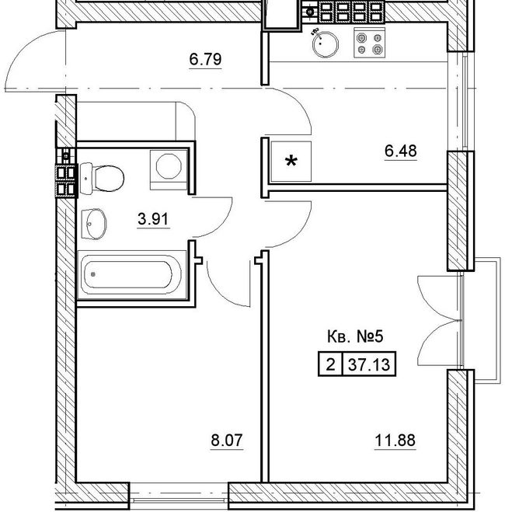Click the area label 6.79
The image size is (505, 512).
205,59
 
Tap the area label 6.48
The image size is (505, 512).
401,151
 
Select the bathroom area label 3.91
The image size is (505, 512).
153,219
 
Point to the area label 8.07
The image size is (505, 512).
227,441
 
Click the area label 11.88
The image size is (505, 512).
395,441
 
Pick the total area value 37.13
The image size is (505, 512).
369,364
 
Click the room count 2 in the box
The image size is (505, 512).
330,364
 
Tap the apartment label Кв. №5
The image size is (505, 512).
355,337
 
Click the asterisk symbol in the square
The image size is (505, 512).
291,162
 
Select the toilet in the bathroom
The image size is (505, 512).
102,179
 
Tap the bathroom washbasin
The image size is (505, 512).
93,224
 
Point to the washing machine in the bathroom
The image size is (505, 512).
169,169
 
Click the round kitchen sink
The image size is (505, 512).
326,44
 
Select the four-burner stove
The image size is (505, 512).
370,43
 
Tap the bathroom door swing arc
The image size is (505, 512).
222,225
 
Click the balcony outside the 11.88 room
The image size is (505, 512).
487,319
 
